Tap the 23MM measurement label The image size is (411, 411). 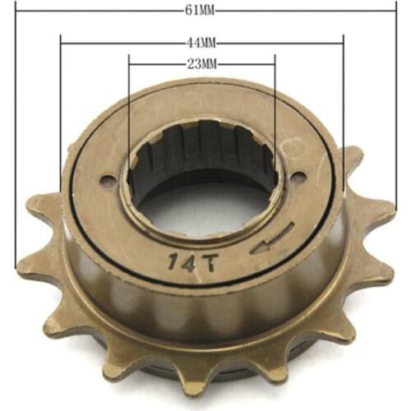coord(201,62)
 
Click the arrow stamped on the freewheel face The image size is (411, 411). coord(271,241)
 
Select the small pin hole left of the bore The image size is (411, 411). coord(105,182)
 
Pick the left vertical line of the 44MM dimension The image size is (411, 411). coord(61,123)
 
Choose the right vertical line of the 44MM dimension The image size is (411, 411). coord(342,107)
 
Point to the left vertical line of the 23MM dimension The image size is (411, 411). coord(129,107)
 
